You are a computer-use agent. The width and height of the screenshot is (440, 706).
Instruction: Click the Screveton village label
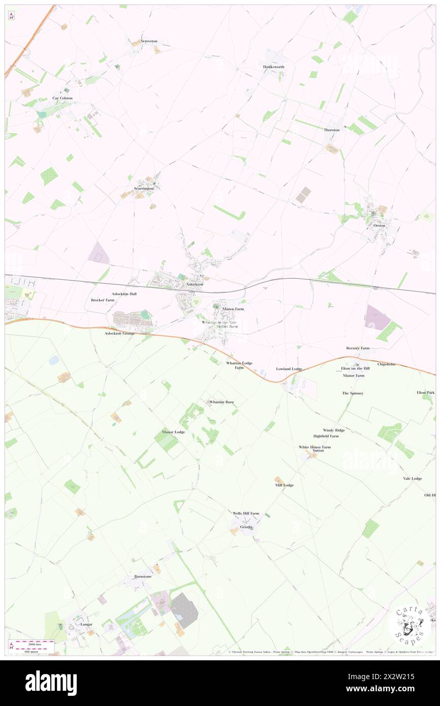point(149,41)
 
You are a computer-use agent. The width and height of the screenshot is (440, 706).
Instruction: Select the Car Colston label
point(62,98)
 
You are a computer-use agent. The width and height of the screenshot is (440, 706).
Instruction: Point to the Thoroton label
point(332,130)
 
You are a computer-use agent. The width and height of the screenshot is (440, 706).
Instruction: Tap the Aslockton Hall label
point(124,294)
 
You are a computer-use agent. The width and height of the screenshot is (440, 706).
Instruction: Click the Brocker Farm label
point(103,300)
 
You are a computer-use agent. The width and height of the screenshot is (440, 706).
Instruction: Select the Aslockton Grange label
point(119,333)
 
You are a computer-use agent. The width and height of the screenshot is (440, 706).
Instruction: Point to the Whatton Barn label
point(222,402)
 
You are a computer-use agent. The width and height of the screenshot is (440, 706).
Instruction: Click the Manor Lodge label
point(173,432)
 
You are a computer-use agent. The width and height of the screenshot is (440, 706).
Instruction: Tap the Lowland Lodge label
point(289,369)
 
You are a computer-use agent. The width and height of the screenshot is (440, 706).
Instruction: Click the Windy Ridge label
point(334,430)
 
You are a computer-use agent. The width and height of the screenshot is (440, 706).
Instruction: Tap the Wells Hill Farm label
point(246,514)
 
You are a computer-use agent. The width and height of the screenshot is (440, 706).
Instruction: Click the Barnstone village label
point(143,576)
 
